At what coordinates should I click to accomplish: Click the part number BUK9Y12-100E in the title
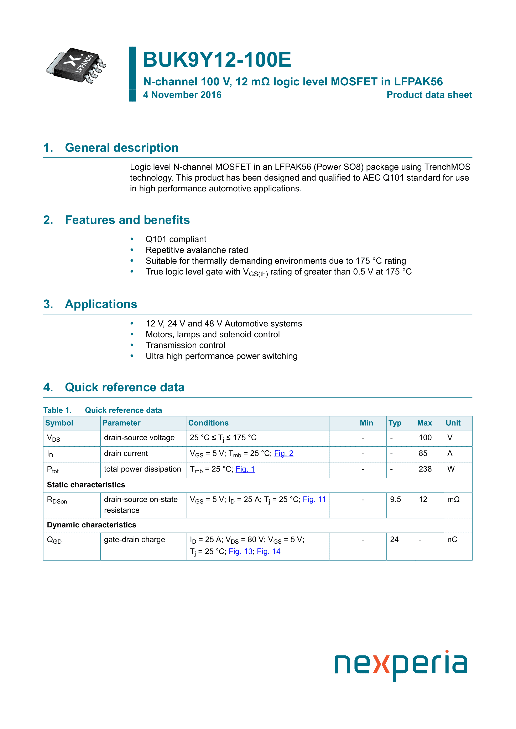coord(217,60)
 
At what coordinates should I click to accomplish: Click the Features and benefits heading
coord(127,220)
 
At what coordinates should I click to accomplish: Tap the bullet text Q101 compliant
coord(176,239)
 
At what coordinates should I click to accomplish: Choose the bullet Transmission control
coord(185,345)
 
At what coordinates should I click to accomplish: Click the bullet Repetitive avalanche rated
coord(197,250)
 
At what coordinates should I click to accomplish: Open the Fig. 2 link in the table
coord(283,453)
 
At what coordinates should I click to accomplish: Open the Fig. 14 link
coord(269,552)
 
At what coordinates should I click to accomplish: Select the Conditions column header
coord(208,423)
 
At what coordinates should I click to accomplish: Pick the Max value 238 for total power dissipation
coord(425,469)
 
